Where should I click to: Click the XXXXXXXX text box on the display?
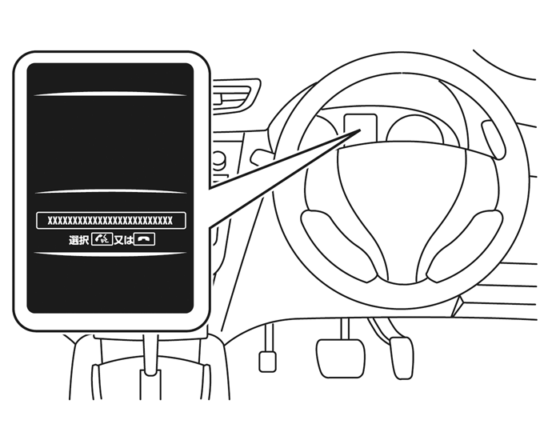click(x=110, y=220)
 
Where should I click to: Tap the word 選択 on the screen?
click(x=78, y=239)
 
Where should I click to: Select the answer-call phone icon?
click(x=101, y=239)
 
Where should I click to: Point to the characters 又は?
click(x=122, y=239)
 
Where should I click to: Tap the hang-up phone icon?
click(x=144, y=239)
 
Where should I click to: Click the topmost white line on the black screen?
click(x=110, y=94)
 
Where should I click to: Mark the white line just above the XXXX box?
click(x=110, y=192)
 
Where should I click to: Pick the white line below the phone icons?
click(x=110, y=254)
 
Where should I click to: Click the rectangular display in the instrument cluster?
click(x=359, y=128)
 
